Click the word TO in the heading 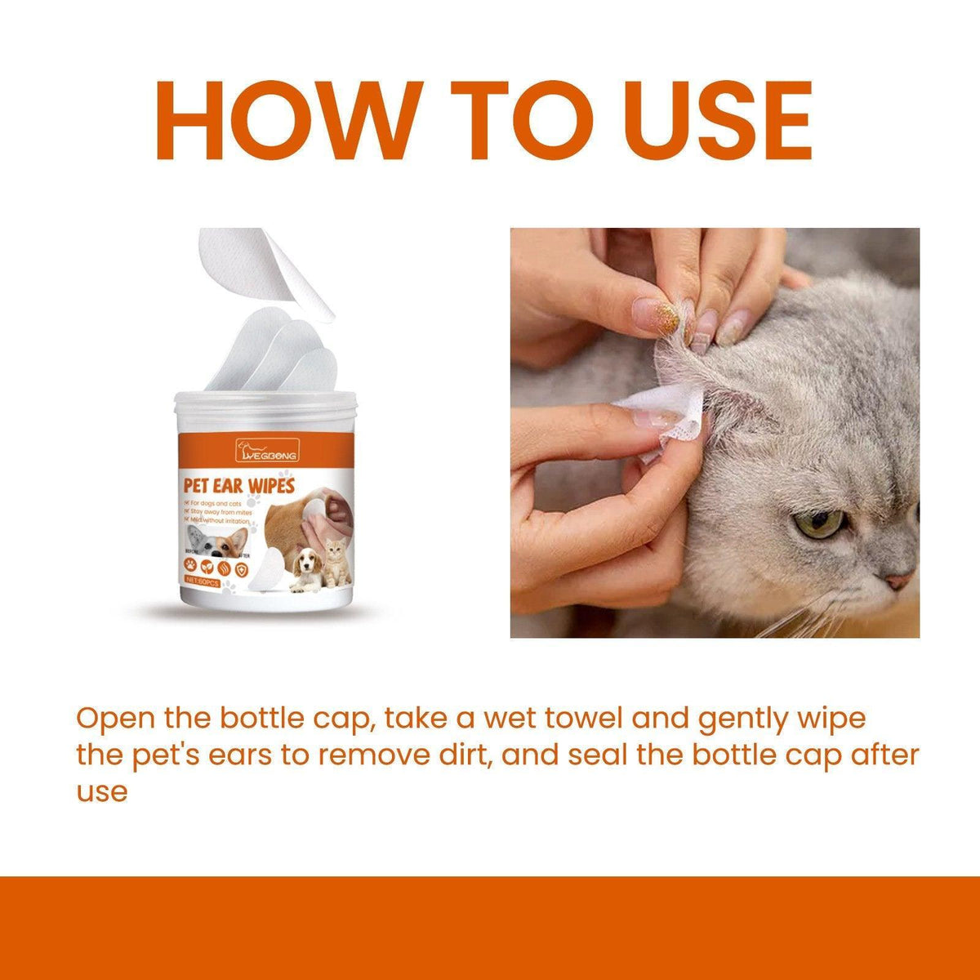coord(520,121)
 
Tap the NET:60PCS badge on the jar coord(203,580)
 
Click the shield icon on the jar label coord(242,563)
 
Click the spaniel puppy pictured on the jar coord(306,568)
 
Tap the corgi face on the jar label coord(216,539)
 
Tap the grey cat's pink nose coord(899,581)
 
